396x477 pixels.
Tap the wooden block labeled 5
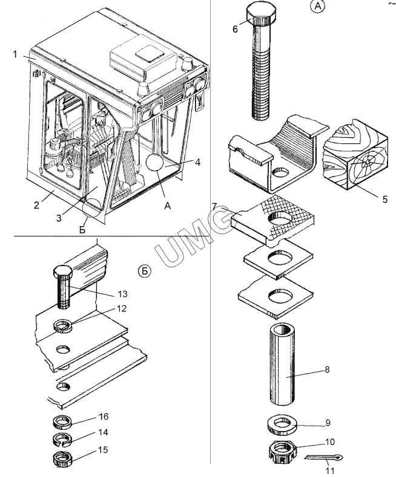(x=355, y=155)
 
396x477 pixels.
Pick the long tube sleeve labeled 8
(x=282, y=365)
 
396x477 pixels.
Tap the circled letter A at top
(x=318, y=7)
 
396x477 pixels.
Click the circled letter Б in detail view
(x=145, y=271)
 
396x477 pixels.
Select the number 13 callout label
(x=122, y=294)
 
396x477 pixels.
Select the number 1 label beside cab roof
(x=15, y=54)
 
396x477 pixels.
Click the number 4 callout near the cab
(x=197, y=162)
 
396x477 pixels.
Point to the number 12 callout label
(x=121, y=308)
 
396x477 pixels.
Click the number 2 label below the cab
(x=36, y=205)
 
